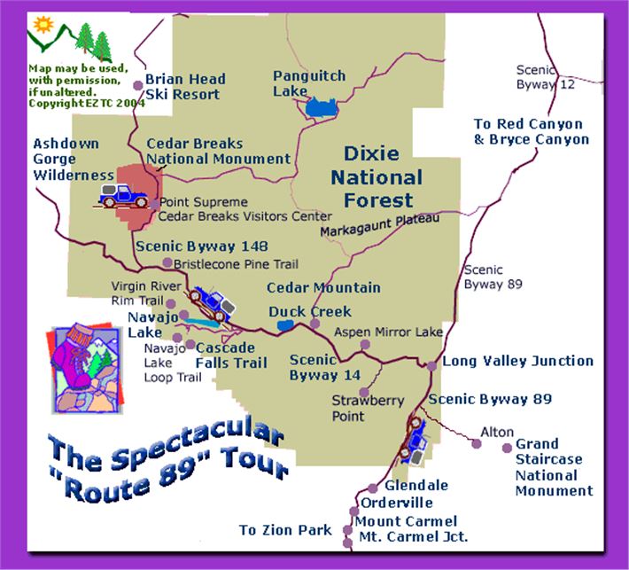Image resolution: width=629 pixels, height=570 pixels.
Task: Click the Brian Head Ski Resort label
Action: [185, 87]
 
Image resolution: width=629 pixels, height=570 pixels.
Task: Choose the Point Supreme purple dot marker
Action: [154, 204]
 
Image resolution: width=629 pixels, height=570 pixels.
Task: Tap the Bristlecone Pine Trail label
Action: [236, 264]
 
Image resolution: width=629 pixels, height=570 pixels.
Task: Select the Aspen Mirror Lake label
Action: [388, 332]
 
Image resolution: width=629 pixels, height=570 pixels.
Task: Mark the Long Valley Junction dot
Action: [431, 366]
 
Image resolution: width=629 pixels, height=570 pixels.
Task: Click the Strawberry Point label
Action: [368, 408]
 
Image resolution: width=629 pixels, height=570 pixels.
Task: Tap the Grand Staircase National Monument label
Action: [549, 467]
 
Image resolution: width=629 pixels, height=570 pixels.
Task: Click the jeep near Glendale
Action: [415, 438]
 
